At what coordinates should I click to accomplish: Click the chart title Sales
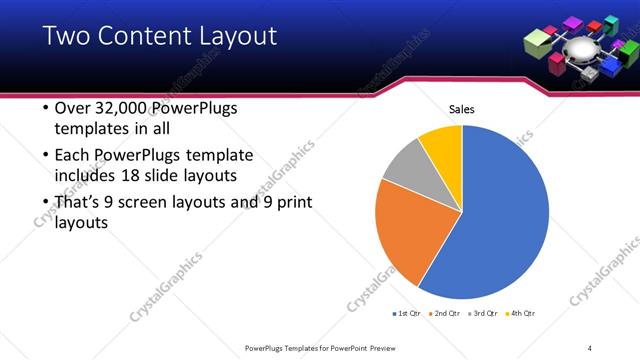(461, 109)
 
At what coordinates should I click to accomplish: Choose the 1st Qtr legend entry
(406, 314)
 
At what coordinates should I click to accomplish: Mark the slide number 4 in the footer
(590, 347)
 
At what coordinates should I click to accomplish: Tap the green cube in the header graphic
(537, 41)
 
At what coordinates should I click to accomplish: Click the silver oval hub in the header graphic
(579, 49)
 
